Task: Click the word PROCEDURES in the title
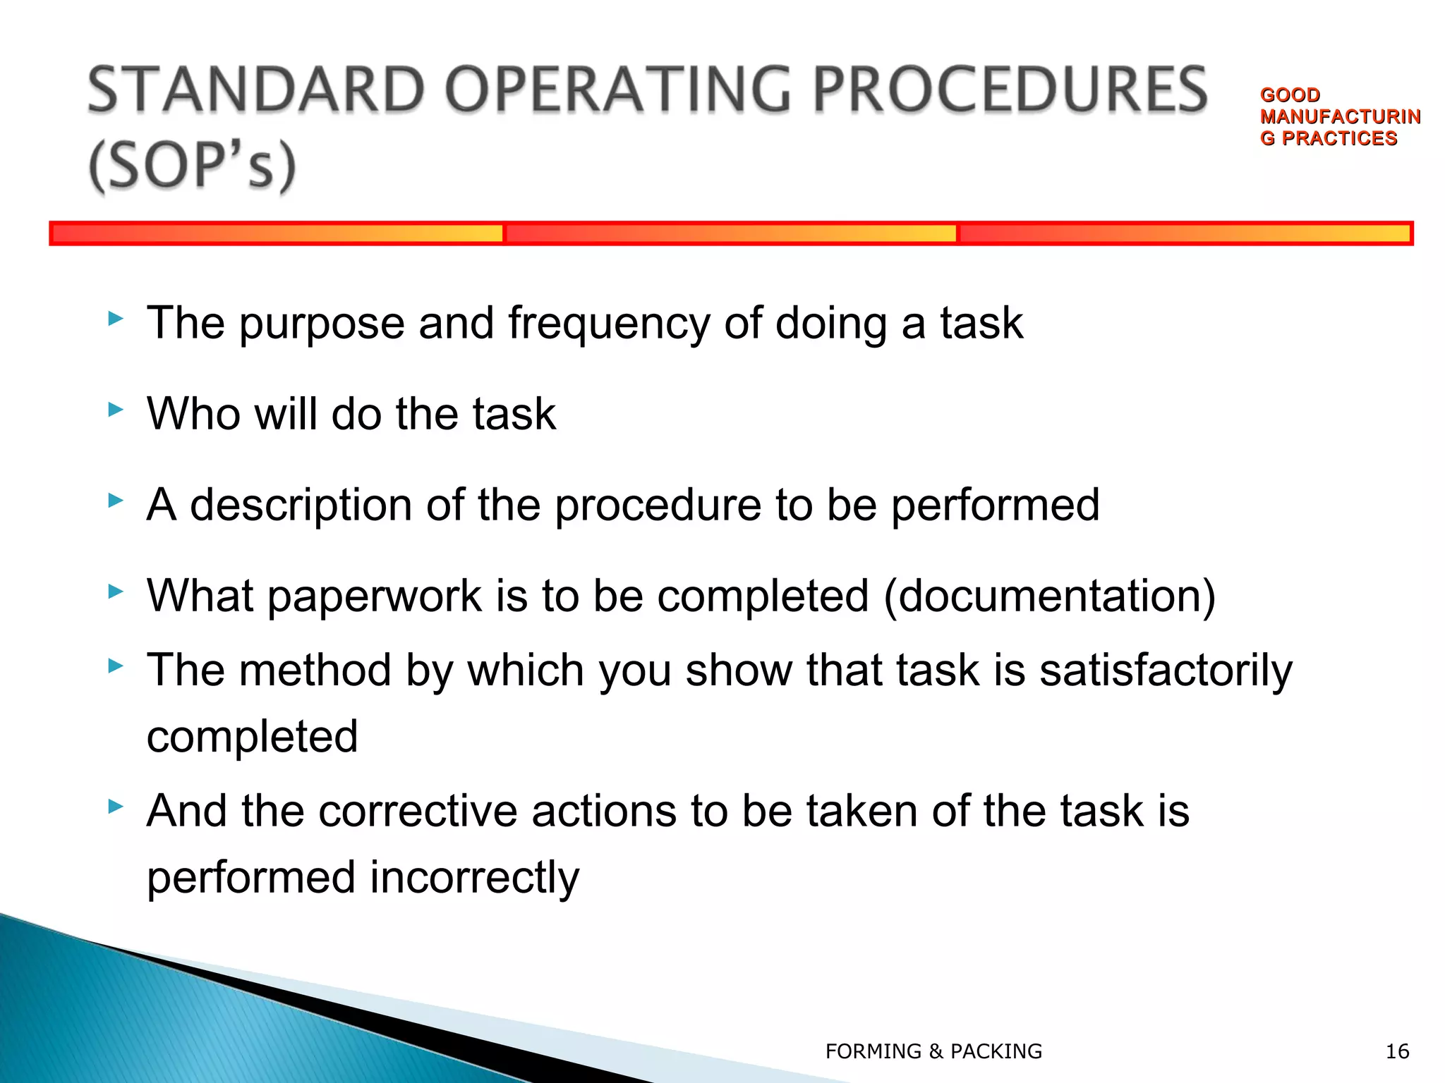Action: point(1010,90)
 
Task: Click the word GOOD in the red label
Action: point(1290,94)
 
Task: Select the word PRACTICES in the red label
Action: point(1338,138)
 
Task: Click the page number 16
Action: point(1397,1051)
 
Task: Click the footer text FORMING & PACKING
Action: point(933,1051)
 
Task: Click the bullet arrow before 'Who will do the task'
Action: point(116,410)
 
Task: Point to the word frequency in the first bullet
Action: point(609,324)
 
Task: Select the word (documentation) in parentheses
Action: point(1050,596)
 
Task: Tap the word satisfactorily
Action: point(1166,670)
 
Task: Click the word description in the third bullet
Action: point(301,506)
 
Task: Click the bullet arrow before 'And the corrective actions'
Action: point(116,807)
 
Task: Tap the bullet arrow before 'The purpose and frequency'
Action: point(116,319)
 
